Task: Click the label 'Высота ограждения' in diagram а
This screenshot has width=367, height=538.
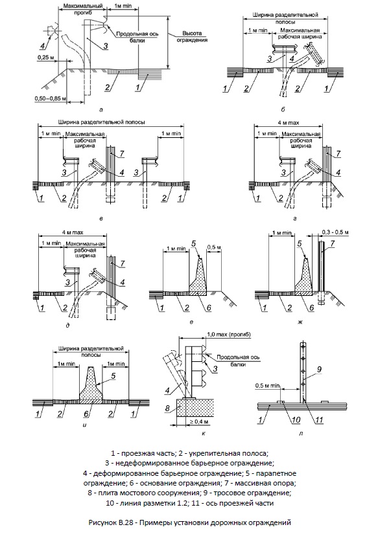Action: [192, 36]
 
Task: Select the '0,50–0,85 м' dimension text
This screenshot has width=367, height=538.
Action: [47, 98]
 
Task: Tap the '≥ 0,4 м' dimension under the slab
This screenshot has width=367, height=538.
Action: [198, 421]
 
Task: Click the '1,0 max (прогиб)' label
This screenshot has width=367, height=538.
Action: [228, 334]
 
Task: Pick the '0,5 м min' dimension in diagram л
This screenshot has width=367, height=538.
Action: [268, 386]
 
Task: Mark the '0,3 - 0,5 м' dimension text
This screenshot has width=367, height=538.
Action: [336, 233]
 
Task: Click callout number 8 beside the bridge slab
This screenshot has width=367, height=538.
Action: [168, 409]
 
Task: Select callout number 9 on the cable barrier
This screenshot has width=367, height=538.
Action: [319, 370]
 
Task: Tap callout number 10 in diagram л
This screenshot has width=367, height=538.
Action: [296, 420]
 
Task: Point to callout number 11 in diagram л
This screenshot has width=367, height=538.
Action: [320, 420]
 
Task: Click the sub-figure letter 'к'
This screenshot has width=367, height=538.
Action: [204, 434]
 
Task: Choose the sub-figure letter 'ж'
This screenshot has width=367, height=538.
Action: [301, 322]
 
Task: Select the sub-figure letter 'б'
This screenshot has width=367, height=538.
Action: [283, 110]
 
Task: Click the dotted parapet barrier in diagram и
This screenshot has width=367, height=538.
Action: [91, 385]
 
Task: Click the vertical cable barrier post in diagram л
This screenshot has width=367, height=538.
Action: [303, 371]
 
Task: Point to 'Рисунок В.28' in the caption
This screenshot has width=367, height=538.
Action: [110, 522]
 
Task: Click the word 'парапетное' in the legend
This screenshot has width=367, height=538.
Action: [278, 473]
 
